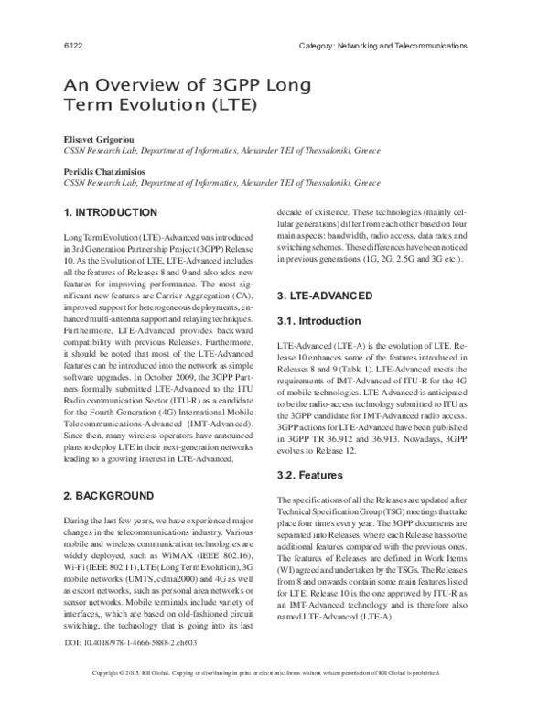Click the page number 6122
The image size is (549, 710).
pos(71,45)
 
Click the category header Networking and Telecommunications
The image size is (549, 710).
pos(383,45)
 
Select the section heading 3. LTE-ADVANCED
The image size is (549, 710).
pos(324,296)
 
